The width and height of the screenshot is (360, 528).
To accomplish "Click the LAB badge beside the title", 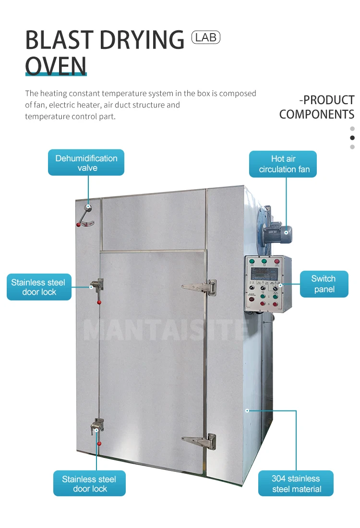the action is point(205,37).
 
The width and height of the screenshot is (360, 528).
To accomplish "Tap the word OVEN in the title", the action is point(56,66).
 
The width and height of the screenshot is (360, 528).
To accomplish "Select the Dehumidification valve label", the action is point(86,163).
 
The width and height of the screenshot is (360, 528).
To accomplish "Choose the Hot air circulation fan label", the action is point(284,164).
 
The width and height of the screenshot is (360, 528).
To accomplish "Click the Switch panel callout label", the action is point(324,284).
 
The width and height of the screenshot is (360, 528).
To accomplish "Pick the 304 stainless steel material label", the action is point(296,483).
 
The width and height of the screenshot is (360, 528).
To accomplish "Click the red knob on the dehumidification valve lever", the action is point(78,224).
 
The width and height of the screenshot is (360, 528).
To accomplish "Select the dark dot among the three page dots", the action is point(352,138).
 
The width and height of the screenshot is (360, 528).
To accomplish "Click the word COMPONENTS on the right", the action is point(317,115).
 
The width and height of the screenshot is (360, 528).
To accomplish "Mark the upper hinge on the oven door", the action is point(201,287).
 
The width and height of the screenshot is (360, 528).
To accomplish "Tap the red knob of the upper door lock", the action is point(99,302).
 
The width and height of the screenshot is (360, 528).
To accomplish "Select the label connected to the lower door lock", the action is point(89,483).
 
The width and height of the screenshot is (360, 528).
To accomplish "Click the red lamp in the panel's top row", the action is point(277,262).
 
